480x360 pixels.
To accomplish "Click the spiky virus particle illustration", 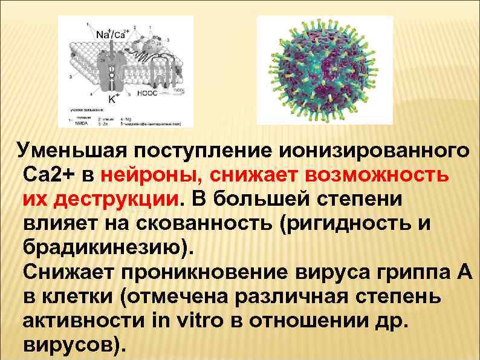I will coord(325,71).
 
